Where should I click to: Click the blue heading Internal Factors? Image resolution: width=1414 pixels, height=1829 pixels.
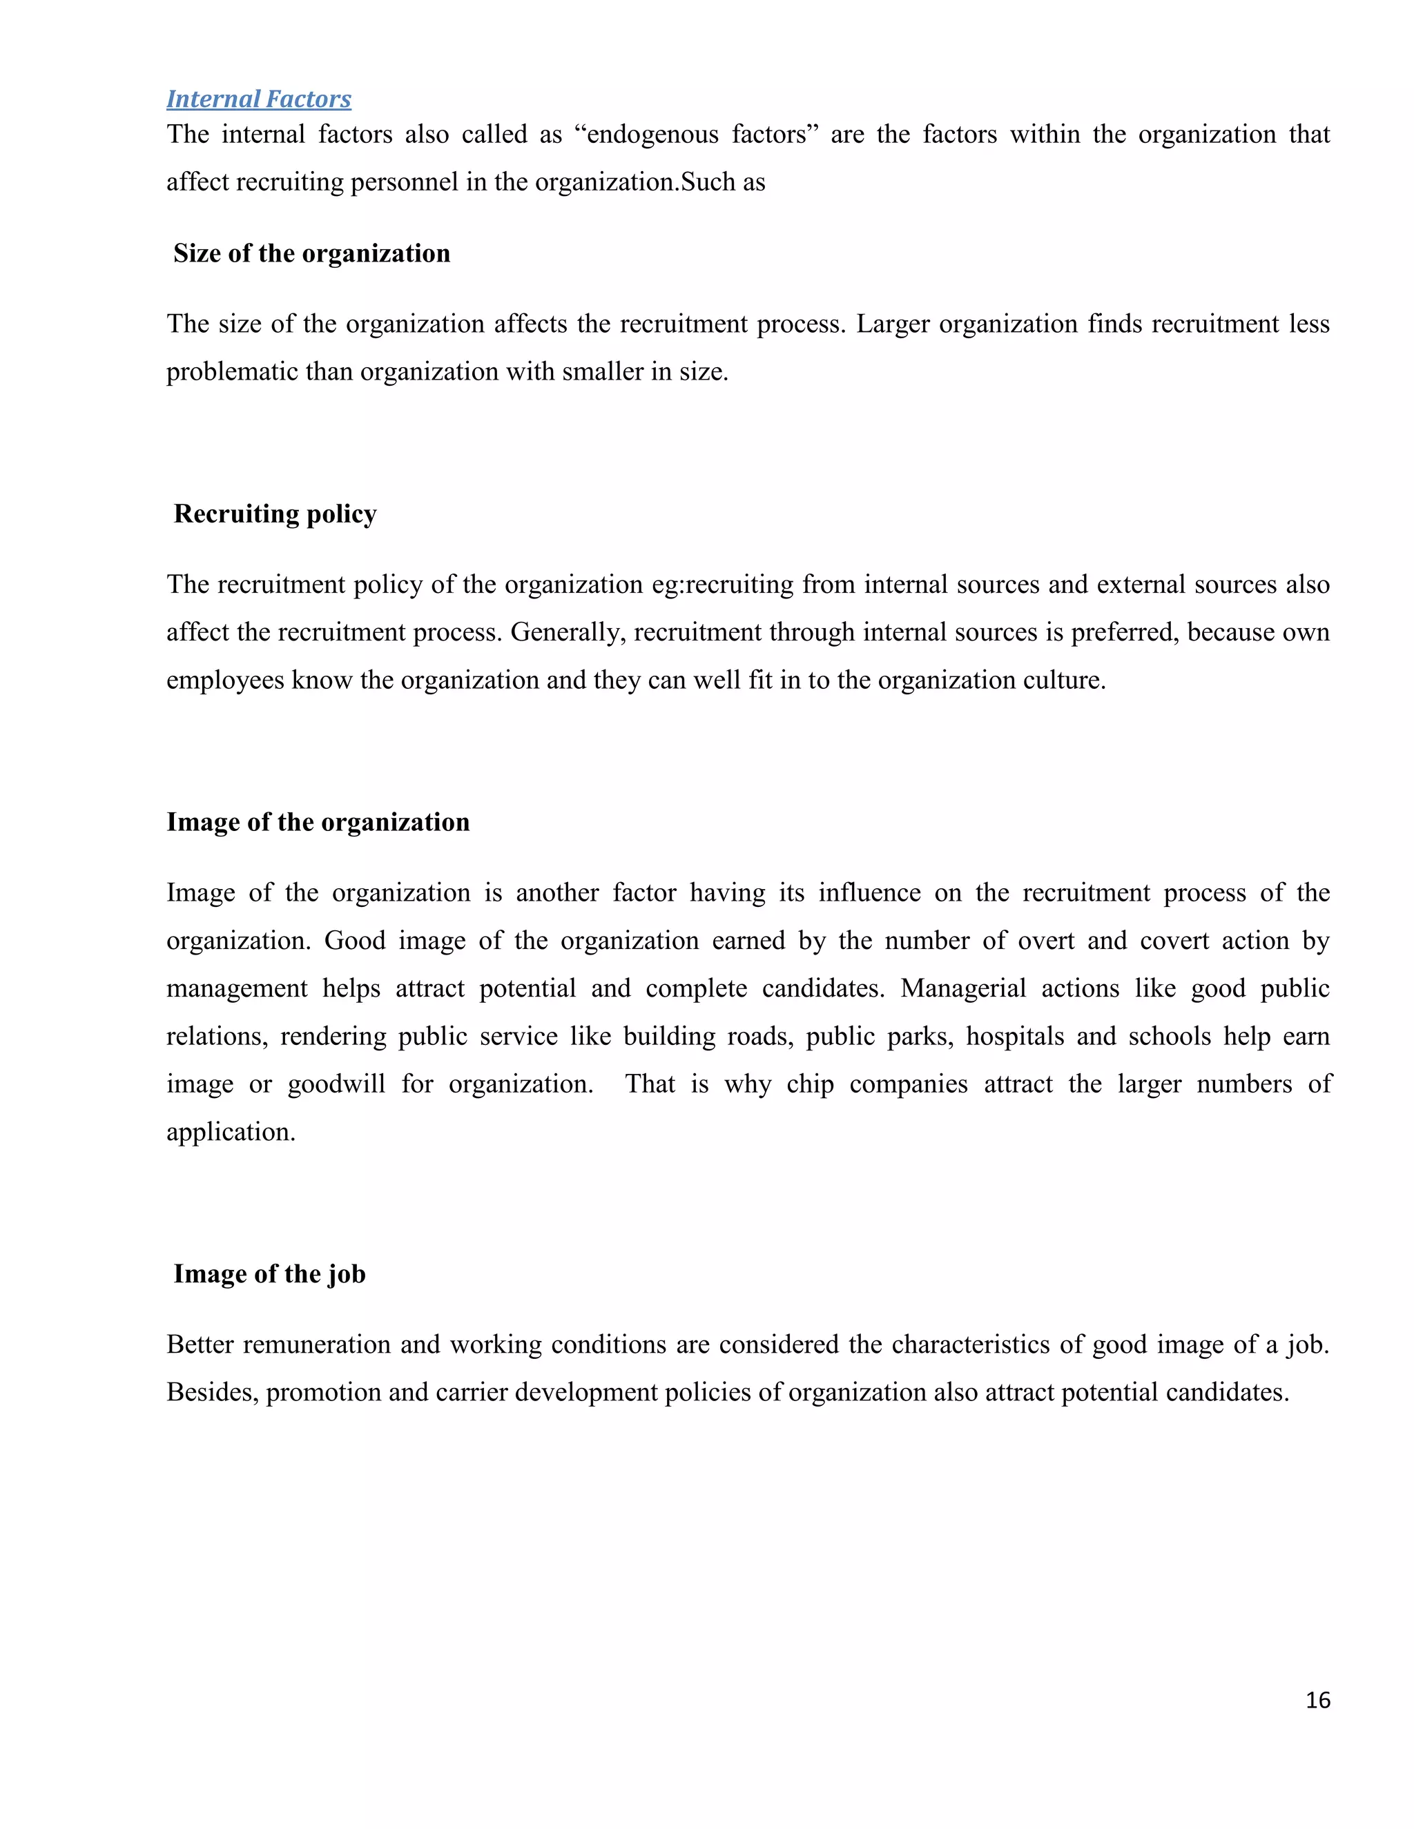coord(258,99)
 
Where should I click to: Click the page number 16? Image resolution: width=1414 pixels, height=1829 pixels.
coord(1317,1699)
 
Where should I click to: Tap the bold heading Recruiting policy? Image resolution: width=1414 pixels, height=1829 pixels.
coord(275,514)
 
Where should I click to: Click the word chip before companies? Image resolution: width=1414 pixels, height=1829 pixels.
coord(809,1084)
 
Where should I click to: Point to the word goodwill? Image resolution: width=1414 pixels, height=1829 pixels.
coord(336,1084)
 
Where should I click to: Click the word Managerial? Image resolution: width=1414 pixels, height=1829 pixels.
coord(962,988)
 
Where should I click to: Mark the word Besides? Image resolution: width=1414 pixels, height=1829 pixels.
coord(212,1392)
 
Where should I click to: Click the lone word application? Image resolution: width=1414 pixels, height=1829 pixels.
coord(231,1132)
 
